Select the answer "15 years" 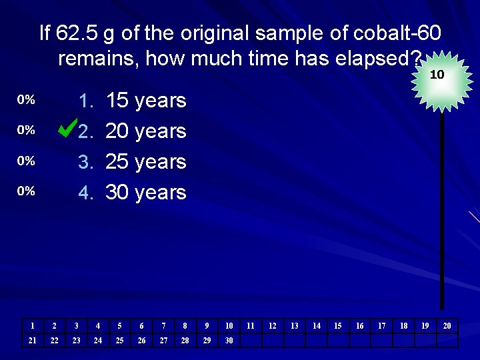pyautogui.click(x=146, y=101)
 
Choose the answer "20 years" pyautogui.click(x=146, y=131)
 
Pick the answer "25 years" pyautogui.click(x=146, y=162)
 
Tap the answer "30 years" pyautogui.click(x=146, y=193)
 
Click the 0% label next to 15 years pyautogui.click(x=26, y=100)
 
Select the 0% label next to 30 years pyautogui.click(x=26, y=191)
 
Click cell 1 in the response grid pyautogui.click(x=32, y=326)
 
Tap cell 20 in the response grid pyautogui.click(x=447, y=326)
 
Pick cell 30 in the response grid pyautogui.click(x=229, y=341)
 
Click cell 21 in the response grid pyautogui.click(x=32, y=341)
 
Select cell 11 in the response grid pyautogui.click(x=251, y=326)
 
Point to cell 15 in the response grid pyautogui.click(x=337, y=326)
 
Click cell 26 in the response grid pyautogui.click(x=141, y=341)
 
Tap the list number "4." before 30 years pyautogui.click(x=86, y=193)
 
